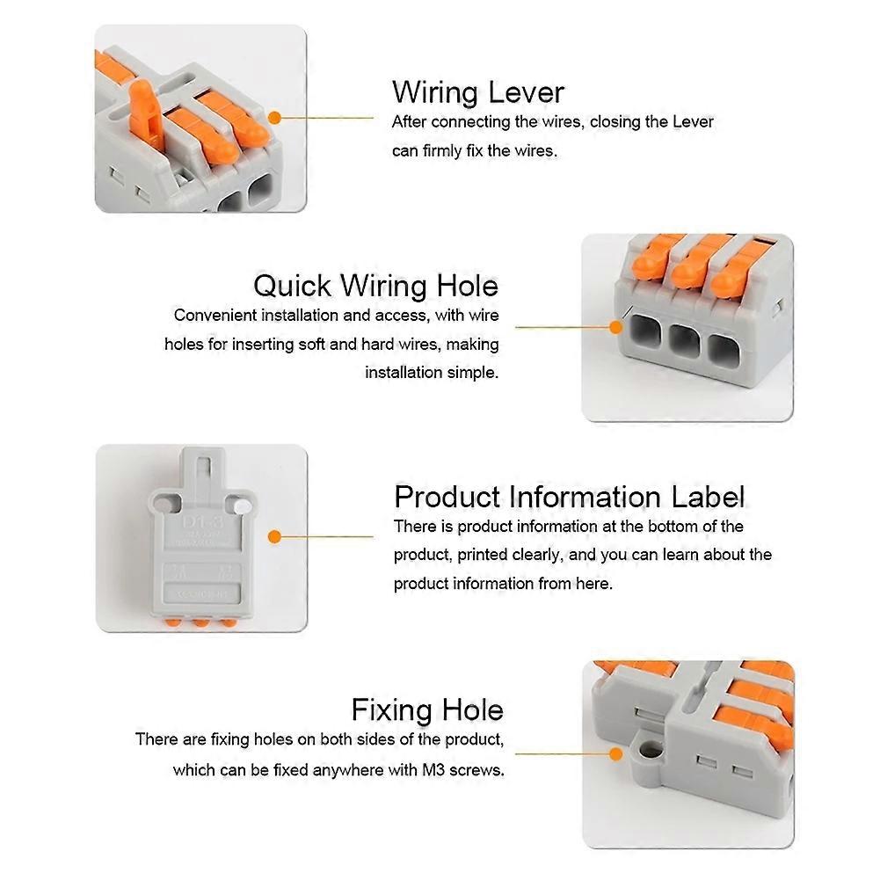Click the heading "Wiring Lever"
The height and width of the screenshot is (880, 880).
pyautogui.click(x=477, y=92)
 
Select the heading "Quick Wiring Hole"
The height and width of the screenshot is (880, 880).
pyautogui.click(x=375, y=286)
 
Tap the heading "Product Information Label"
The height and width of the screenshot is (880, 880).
pyautogui.click(x=569, y=497)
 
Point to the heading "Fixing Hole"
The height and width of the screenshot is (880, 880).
pyautogui.click(x=427, y=709)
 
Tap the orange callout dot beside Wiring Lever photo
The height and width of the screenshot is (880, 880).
pyautogui.click(x=274, y=116)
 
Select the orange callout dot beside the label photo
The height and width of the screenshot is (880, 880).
pyautogui.click(x=274, y=536)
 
